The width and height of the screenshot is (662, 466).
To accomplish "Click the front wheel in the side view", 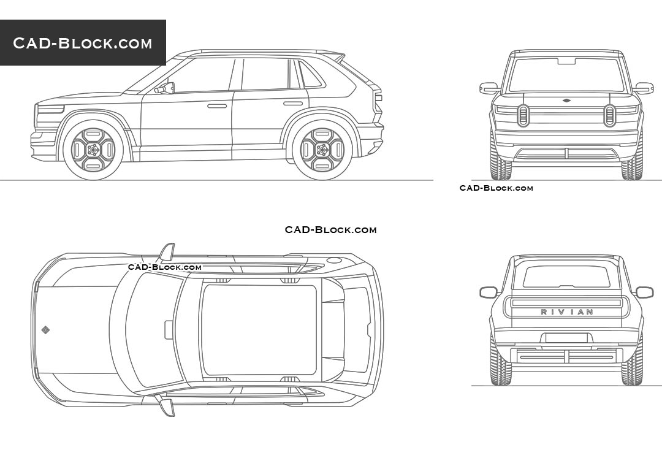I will [x=93, y=150].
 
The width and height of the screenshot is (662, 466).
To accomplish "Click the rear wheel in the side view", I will [x=322, y=150].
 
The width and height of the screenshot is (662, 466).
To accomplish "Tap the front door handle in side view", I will [x=217, y=106].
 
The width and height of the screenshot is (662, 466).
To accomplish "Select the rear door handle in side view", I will [x=293, y=103].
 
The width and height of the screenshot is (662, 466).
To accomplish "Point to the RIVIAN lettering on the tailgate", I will [x=566, y=312].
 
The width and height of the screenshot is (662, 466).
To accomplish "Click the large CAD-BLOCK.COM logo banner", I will [x=83, y=43].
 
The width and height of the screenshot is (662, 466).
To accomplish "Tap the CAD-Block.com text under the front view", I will [x=496, y=188].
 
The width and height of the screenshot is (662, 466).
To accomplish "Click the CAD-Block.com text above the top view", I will [x=330, y=230].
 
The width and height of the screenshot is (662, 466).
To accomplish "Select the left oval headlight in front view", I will [x=523, y=115].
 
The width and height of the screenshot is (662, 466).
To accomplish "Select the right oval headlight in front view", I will [x=609, y=115].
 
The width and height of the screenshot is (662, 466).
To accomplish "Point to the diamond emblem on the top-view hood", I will [x=45, y=330].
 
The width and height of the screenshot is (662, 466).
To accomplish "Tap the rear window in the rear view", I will [x=566, y=276].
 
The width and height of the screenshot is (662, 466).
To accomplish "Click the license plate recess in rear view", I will [x=566, y=338].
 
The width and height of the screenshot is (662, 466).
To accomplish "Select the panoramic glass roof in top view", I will [x=259, y=330].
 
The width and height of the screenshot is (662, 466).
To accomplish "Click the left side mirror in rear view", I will [x=489, y=292].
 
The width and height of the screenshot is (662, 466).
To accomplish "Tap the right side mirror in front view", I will [x=643, y=88].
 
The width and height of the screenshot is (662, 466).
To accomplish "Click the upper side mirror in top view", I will [x=167, y=252].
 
